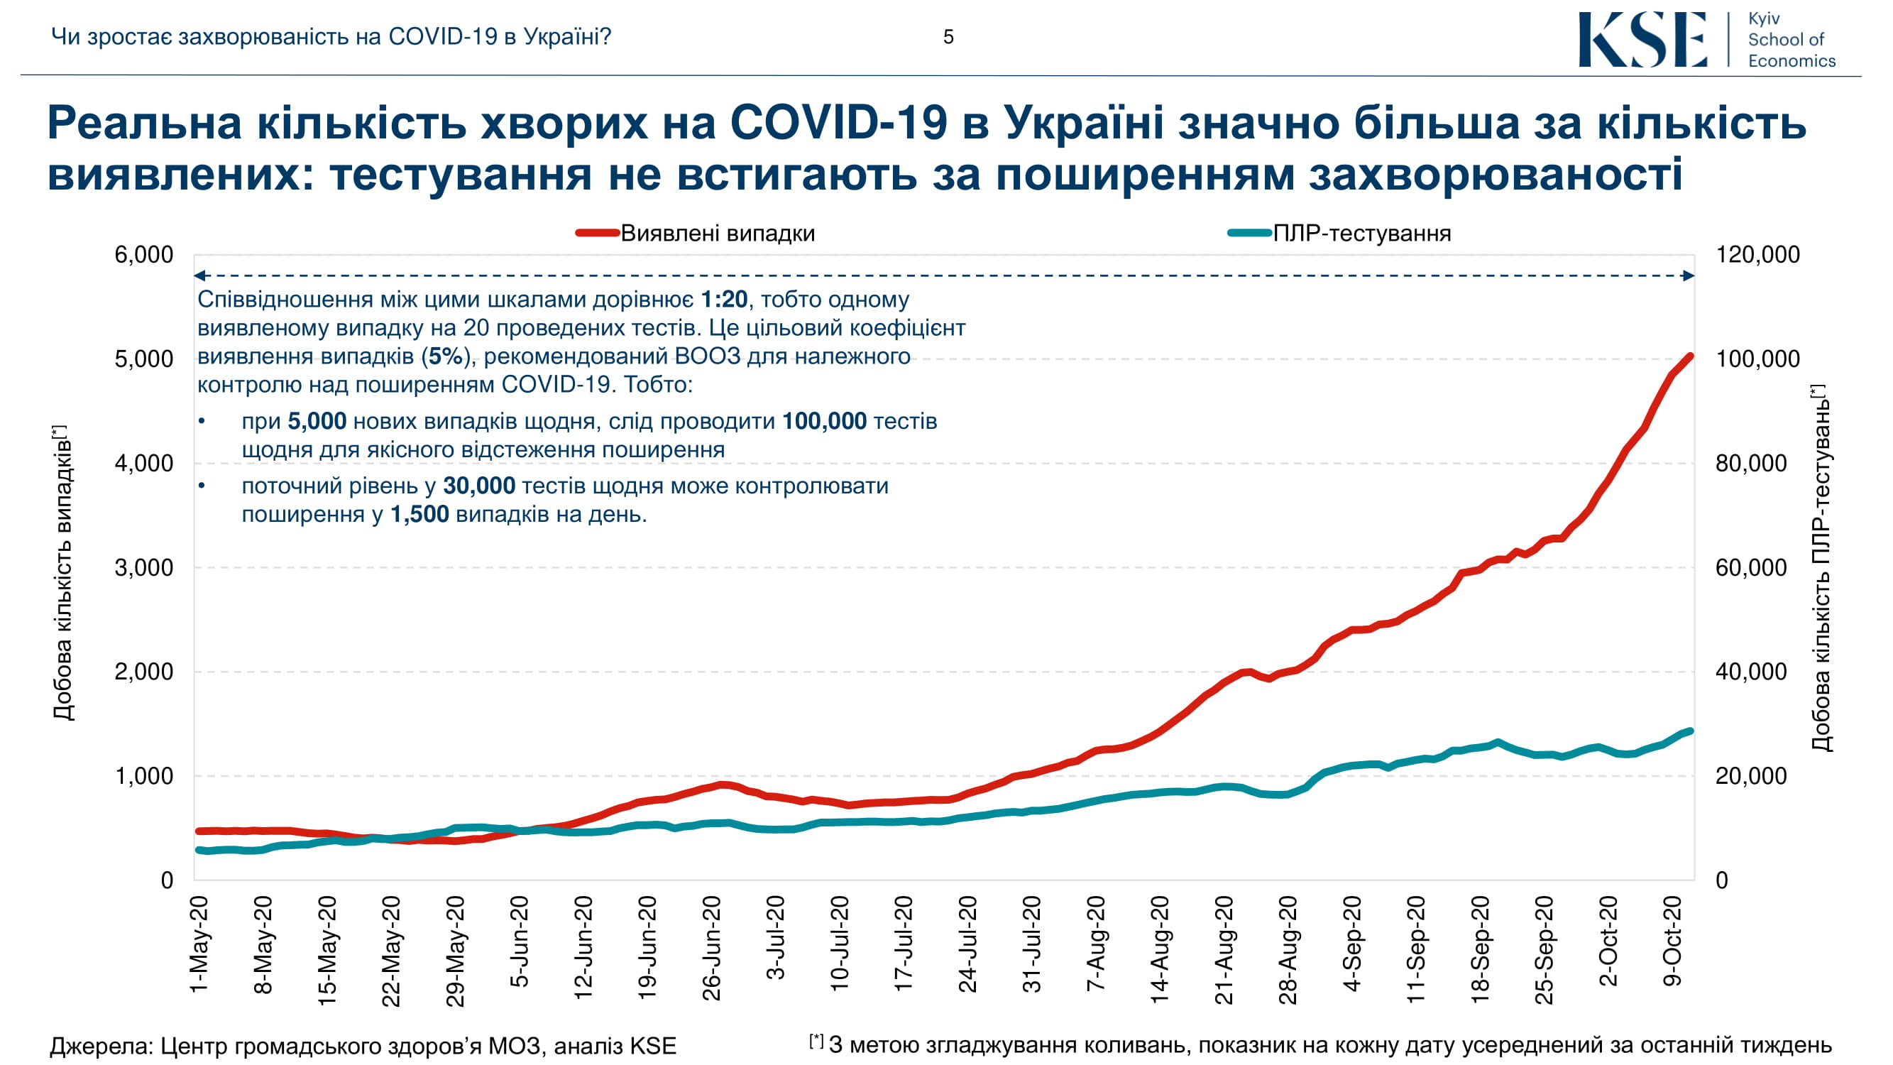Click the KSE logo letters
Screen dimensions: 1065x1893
tap(1642, 40)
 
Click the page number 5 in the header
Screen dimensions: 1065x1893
tap(948, 37)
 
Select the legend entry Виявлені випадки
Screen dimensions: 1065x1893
tap(717, 234)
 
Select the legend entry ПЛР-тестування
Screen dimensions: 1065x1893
tap(1361, 234)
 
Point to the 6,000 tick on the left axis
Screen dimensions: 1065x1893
tap(143, 255)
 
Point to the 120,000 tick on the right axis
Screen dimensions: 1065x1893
tap(1757, 255)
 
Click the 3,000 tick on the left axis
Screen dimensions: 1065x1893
tap(143, 567)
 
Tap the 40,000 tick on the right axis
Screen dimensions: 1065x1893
tap(1750, 672)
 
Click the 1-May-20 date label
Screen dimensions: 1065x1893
tap(199, 944)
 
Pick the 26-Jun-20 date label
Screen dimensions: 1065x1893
tap(711, 948)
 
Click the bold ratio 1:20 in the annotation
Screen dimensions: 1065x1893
tap(724, 300)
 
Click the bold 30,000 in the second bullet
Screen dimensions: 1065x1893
tap(479, 486)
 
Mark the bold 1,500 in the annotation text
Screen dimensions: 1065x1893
tap(419, 515)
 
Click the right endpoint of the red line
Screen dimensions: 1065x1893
tap(1690, 356)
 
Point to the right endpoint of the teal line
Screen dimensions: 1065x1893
tap(1690, 731)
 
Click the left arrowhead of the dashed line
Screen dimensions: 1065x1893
tap(199, 275)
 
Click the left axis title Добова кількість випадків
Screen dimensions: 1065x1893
tap(62, 573)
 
